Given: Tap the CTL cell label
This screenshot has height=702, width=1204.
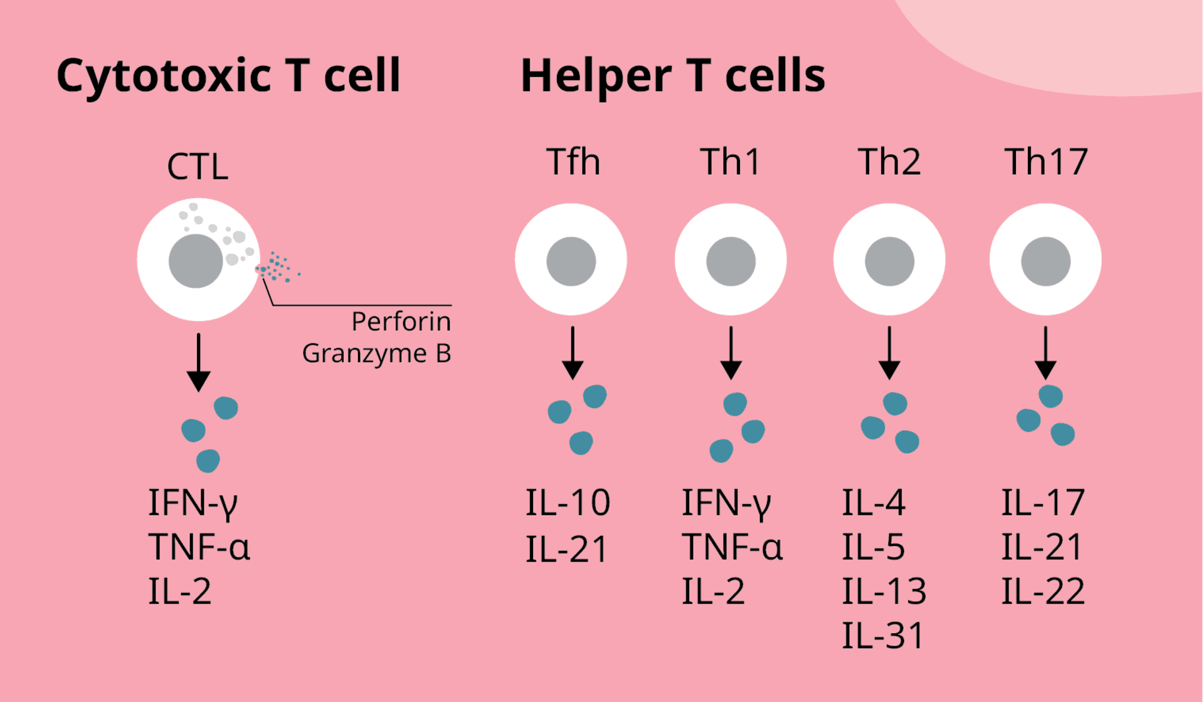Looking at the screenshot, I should coord(198,167).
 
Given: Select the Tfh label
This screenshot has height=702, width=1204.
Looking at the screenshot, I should coord(573,162).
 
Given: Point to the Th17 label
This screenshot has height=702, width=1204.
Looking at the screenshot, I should coord(1046,162).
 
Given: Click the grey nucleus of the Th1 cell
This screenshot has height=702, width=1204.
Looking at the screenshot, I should coord(731,261).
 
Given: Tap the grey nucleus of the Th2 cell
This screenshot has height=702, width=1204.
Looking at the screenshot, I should coord(889,261).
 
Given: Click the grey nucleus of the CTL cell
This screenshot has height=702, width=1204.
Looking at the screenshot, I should coord(196,261).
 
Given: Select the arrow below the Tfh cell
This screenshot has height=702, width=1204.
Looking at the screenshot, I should coord(573,354).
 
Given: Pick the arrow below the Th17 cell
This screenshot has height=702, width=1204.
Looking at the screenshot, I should coord(1045,354).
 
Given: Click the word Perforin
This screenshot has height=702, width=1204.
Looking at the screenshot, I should coord(401,322).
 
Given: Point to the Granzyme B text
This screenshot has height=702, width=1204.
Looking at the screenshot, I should coord(376,354).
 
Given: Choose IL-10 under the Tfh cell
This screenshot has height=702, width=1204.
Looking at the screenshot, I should coord(568,503).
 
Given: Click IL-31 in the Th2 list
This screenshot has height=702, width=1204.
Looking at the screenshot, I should coord(883,636).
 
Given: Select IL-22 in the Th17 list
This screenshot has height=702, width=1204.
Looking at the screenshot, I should coord(1043,591).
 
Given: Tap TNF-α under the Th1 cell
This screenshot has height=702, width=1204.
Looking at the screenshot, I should coord(732,547).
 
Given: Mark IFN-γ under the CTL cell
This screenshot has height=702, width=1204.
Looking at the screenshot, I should coord(193,503).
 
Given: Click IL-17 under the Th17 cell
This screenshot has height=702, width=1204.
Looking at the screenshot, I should coord(1043,503).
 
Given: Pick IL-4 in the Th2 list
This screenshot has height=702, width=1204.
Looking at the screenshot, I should coord(874,503).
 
